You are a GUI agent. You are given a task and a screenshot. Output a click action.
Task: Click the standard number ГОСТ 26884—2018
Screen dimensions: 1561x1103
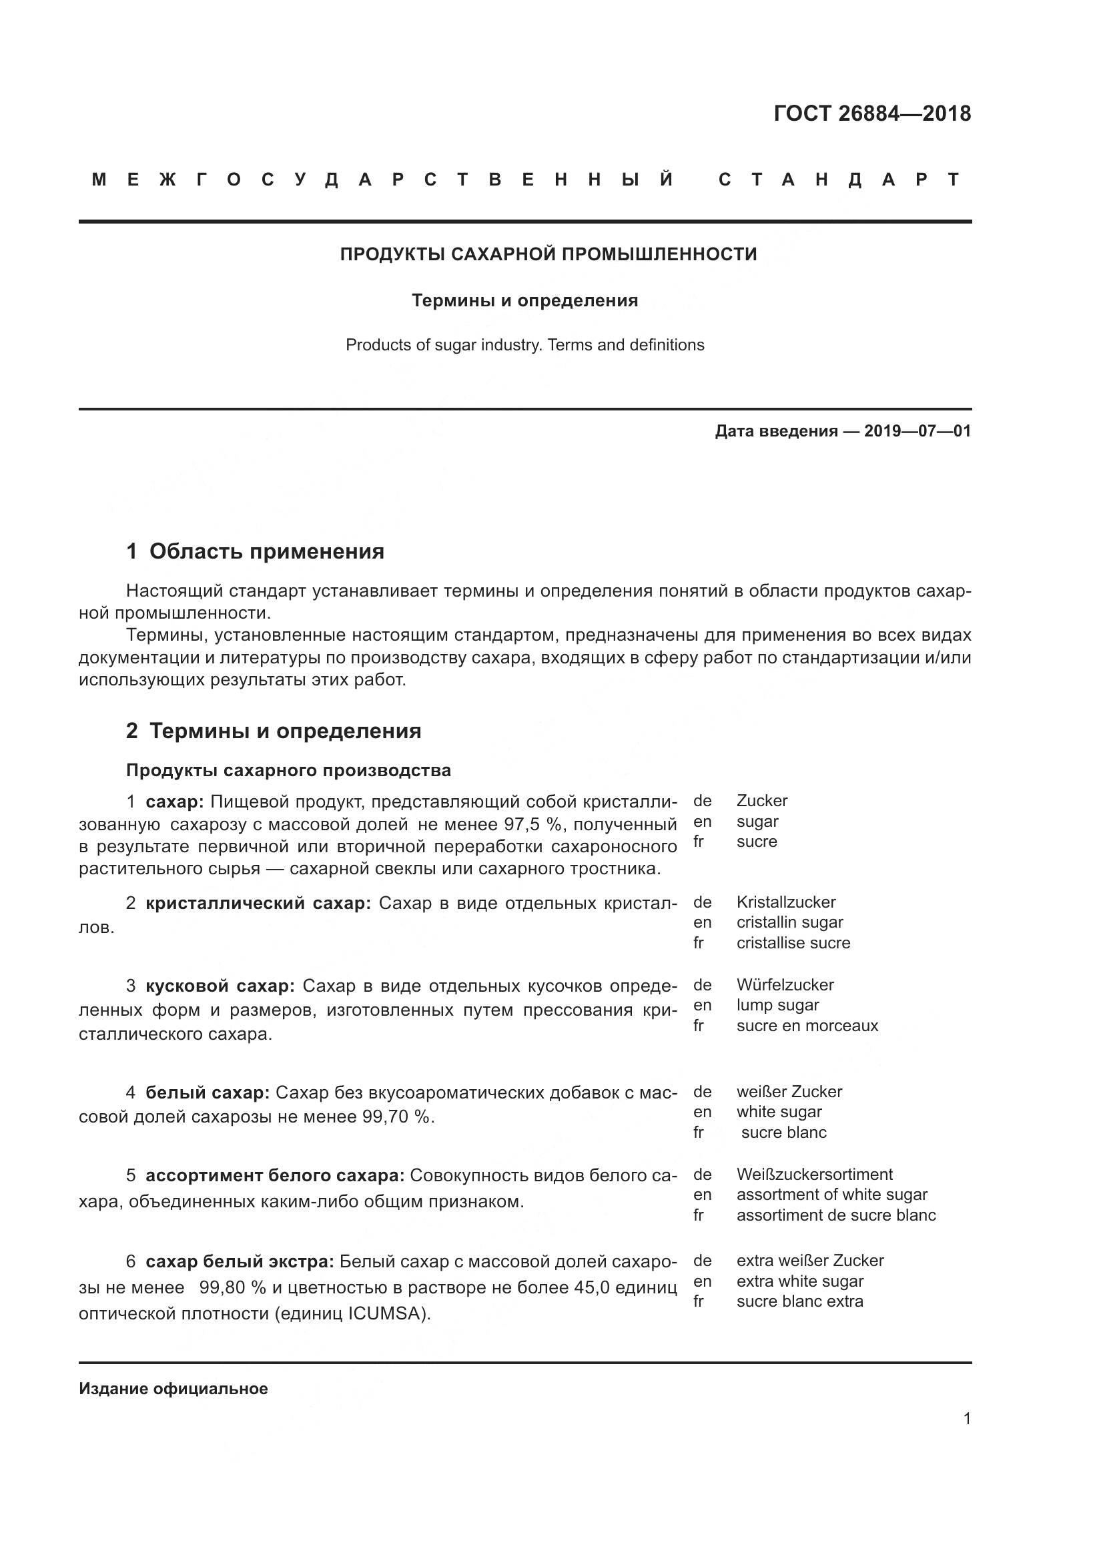[x=872, y=113]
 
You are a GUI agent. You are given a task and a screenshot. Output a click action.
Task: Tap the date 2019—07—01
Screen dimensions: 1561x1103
[x=917, y=431]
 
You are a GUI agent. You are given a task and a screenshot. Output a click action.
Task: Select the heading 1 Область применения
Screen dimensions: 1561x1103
[x=255, y=551]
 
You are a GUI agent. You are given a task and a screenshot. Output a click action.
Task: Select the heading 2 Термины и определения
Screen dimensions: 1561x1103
[x=273, y=731]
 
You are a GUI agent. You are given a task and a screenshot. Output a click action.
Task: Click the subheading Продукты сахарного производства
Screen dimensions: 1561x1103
[x=288, y=770]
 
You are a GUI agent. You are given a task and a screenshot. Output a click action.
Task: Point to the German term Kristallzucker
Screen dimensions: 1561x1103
[x=785, y=902]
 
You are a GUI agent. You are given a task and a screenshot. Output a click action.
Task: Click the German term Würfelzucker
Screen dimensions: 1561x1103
[x=785, y=984]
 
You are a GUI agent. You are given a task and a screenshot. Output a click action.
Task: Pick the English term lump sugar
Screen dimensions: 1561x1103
[x=777, y=1005]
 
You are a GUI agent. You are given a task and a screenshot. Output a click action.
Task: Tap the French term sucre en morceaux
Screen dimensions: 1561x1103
[x=807, y=1025]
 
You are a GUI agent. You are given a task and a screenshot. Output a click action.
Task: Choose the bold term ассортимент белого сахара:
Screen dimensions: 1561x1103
[x=275, y=1175]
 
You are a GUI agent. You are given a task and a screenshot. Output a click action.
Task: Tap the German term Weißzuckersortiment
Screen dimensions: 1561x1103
[x=814, y=1174]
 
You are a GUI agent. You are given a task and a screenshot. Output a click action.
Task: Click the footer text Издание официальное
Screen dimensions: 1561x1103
[x=173, y=1388]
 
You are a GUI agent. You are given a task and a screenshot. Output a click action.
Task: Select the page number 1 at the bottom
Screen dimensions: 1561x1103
[x=967, y=1418]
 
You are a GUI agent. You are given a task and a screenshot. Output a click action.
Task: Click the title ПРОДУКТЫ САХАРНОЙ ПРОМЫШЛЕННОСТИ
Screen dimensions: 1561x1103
[x=548, y=254]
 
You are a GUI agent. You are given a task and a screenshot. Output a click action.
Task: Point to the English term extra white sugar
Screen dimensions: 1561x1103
[x=799, y=1281]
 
